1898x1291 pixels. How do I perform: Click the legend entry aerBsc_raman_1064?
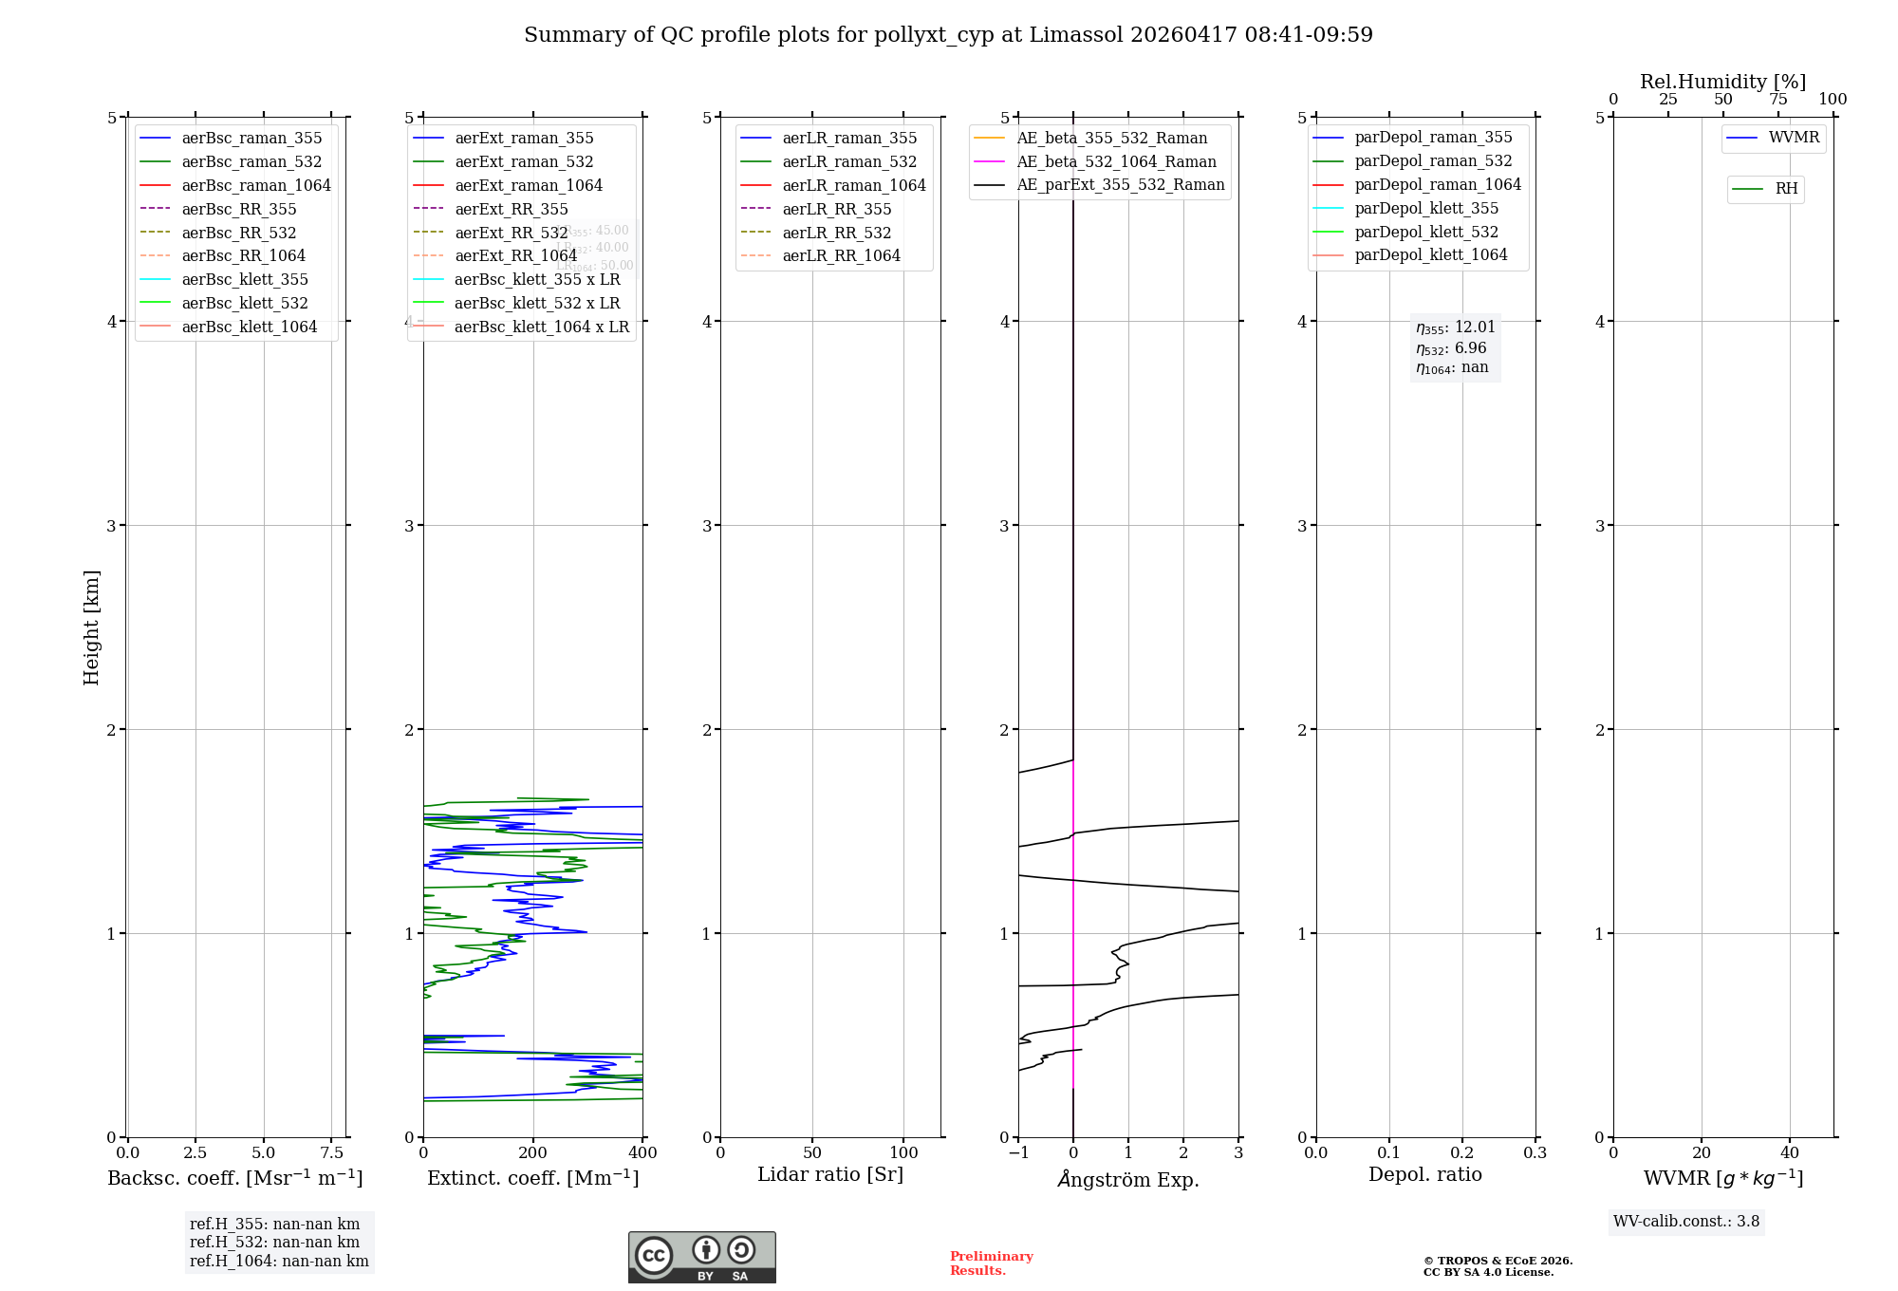click(x=256, y=185)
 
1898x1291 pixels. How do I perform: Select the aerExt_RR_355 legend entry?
click(x=512, y=209)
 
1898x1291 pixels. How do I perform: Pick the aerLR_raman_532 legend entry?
click(x=849, y=161)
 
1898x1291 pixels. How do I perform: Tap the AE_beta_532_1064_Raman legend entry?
click(x=1116, y=161)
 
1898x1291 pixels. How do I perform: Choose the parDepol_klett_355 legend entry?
click(x=1426, y=208)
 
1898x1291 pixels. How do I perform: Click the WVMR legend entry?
click(x=1794, y=138)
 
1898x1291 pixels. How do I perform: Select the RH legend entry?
click(x=1786, y=189)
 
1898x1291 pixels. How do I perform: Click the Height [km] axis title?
click(x=91, y=627)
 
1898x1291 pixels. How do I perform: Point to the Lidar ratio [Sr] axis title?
click(x=830, y=1174)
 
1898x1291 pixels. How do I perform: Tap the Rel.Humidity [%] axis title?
click(x=1722, y=82)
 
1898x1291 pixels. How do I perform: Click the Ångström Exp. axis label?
click(x=1128, y=1179)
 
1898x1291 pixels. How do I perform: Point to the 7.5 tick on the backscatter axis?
click(x=331, y=1152)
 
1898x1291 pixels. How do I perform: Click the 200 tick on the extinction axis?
click(x=533, y=1152)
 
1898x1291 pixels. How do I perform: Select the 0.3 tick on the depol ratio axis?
click(x=1535, y=1152)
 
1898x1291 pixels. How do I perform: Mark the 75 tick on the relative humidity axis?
click(x=1777, y=100)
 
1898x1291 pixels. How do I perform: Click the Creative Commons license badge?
click(x=701, y=1257)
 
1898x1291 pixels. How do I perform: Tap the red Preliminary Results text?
click(x=991, y=1263)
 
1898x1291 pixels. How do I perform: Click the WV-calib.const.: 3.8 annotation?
click(x=1686, y=1222)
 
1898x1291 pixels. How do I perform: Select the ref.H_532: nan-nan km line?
click(x=274, y=1242)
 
